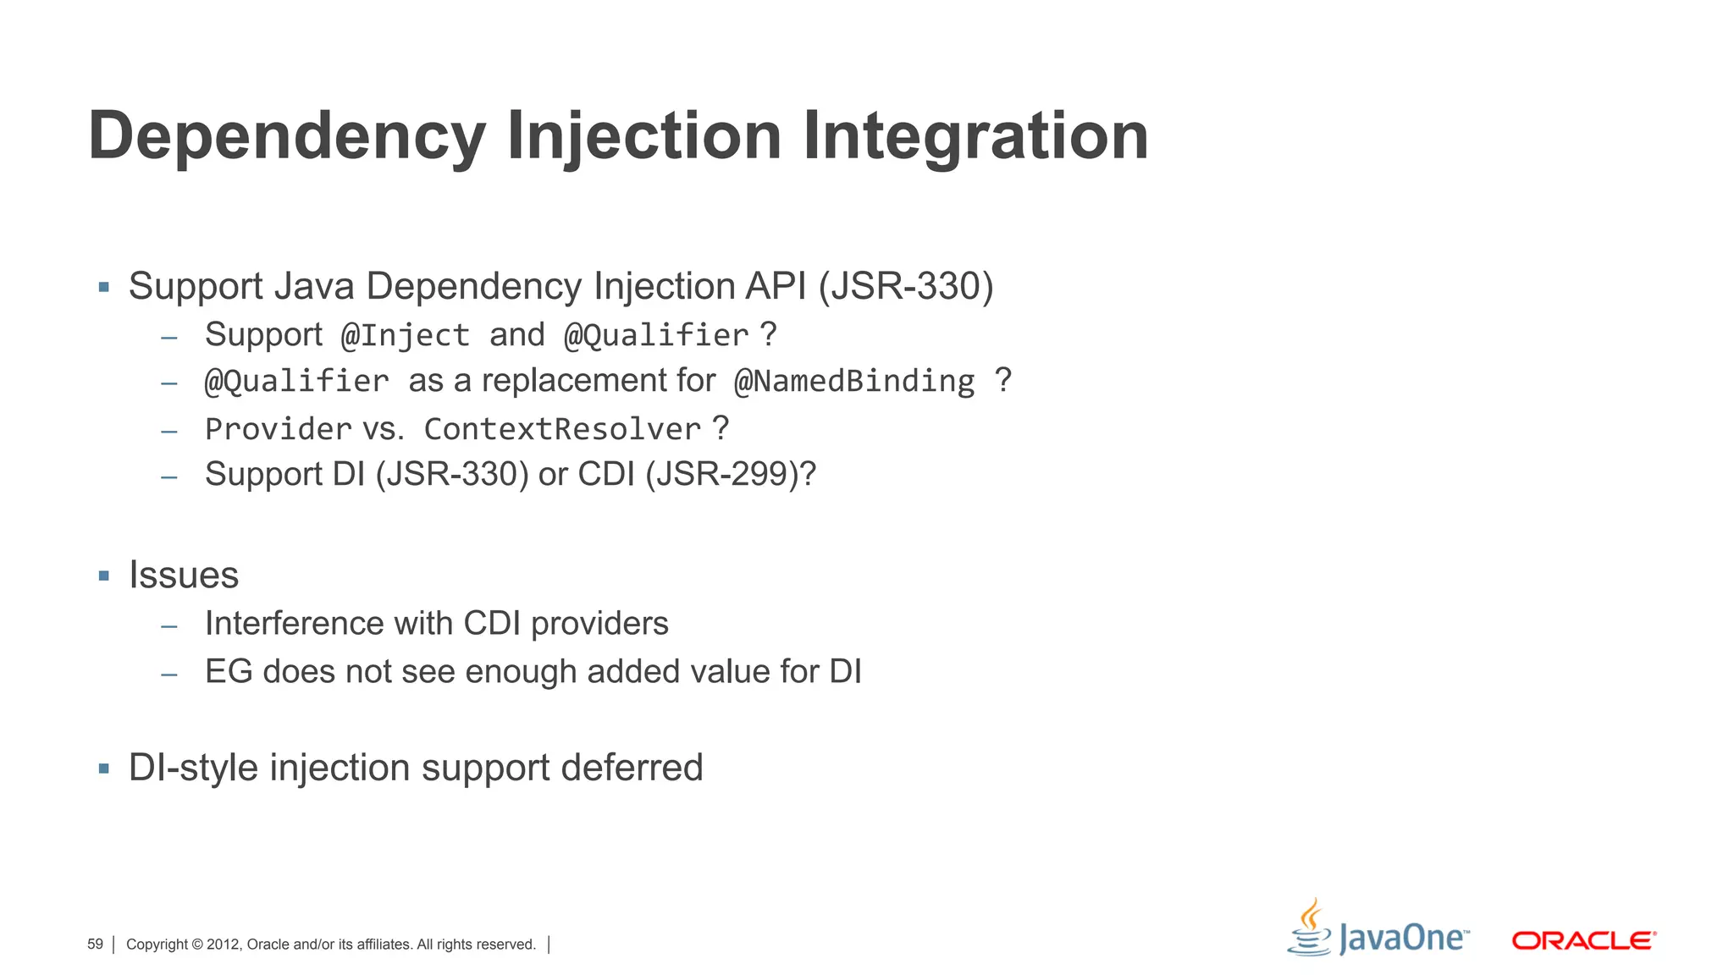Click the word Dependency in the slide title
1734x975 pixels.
[286, 137]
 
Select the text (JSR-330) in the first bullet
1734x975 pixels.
[905, 286]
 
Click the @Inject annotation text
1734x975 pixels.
[405, 335]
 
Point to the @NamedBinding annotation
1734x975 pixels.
[854, 381]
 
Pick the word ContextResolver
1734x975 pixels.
[562, 429]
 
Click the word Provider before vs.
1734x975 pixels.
[279, 429]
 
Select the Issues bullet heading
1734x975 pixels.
[184, 576]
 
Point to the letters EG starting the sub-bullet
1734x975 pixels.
[229, 672]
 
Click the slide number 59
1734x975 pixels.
[95, 945]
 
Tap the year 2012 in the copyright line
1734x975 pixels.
[224, 945]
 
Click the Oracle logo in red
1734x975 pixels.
[1583, 940]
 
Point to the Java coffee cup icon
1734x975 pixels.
[1310, 928]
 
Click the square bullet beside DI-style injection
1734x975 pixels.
[104, 768]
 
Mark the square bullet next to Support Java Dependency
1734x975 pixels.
[104, 287]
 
